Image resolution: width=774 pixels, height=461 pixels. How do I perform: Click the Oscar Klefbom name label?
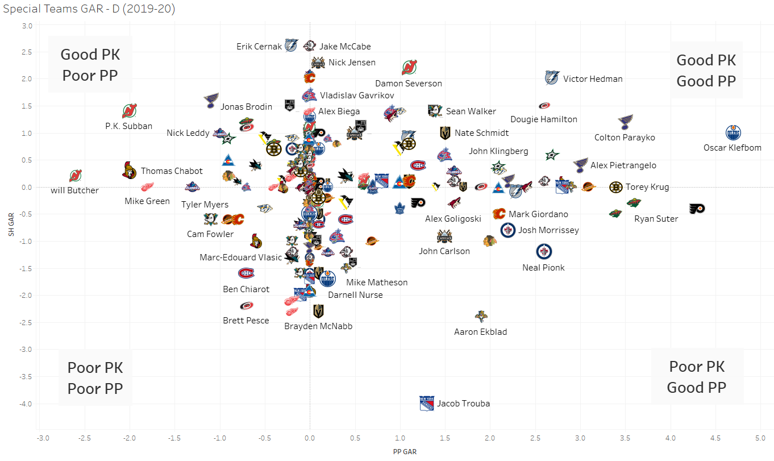click(732, 148)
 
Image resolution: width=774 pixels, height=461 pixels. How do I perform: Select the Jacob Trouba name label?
click(463, 404)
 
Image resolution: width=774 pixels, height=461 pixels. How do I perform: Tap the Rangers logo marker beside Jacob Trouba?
click(427, 403)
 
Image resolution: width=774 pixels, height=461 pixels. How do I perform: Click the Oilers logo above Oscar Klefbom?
click(734, 133)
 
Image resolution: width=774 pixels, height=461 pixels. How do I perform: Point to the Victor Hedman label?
click(593, 79)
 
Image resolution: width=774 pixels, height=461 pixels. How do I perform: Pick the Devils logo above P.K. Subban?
click(130, 111)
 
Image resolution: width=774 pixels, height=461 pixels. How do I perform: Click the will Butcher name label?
click(74, 190)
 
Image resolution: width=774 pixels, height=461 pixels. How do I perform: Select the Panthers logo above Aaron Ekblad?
click(481, 317)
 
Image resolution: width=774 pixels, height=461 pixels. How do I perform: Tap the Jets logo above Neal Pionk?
click(544, 252)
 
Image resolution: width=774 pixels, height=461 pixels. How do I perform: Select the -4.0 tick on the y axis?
click(25, 404)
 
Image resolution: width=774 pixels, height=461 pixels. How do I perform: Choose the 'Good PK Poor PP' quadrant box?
click(90, 64)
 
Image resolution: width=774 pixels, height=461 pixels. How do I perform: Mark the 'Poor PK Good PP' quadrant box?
click(697, 377)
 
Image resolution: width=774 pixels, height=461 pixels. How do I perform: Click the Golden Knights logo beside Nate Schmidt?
click(445, 133)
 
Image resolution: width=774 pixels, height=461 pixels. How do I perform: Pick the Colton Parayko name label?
click(625, 138)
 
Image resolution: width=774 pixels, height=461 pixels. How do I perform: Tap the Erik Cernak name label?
click(259, 47)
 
